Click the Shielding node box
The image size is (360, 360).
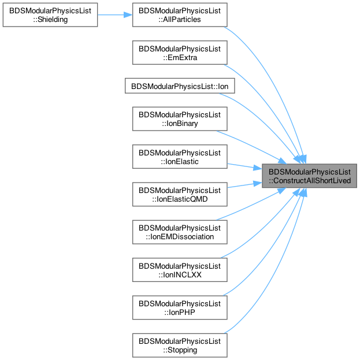pyautogui.click(x=50, y=15)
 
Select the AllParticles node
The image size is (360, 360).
pyautogui.click(x=180, y=15)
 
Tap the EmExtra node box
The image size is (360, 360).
pyautogui.click(x=180, y=53)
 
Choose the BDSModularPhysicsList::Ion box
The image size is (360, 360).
pyautogui.click(x=180, y=86)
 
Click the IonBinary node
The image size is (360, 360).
pyautogui.click(x=180, y=119)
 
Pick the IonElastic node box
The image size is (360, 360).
pyautogui.click(x=180, y=157)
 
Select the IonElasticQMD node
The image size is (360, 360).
pyautogui.click(x=180, y=194)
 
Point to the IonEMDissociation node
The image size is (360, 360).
pyautogui.click(x=180, y=232)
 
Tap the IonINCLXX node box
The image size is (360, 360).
pyautogui.click(x=180, y=270)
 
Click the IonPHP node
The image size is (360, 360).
pyautogui.click(x=180, y=307)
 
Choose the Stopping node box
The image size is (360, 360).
pyautogui.click(x=180, y=346)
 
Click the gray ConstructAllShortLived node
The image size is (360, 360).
pyautogui.click(x=310, y=176)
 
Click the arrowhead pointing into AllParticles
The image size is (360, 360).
pyautogui.click(x=128, y=15)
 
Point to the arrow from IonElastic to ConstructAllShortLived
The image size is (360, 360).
pyautogui.click(x=245, y=166)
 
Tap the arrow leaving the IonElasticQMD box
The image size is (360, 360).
pyautogui.click(x=245, y=185)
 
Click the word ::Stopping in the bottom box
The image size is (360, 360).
pyautogui.click(x=180, y=350)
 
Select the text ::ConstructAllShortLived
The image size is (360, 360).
pyautogui.click(x=310, y=180)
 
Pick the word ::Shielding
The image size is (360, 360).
pyautogui.click(x=50, y=20)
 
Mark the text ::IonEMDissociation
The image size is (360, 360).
pyautogui.click(x=180, y=236)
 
